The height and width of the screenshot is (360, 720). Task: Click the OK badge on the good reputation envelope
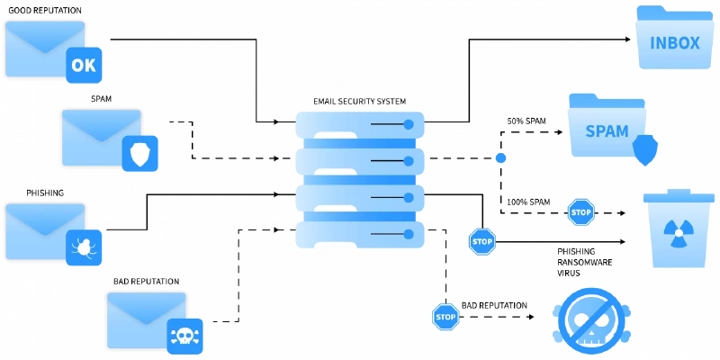tap(84, 65)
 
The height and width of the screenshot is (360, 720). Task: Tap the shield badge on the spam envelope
tap(139, 153)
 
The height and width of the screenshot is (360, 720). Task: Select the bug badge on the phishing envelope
tap(84, 247)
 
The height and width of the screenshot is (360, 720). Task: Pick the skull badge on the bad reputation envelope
tap(184, 337)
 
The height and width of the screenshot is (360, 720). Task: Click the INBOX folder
tap(674, 38)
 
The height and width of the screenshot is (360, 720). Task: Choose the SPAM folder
tap(607, 126)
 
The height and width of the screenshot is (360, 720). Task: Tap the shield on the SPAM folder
tap(645, 150)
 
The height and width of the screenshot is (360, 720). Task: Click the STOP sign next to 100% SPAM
tap(581, 212)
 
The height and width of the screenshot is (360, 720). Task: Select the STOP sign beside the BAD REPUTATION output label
tap(445, 317)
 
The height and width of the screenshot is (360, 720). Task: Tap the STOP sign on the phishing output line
tap(482, 241)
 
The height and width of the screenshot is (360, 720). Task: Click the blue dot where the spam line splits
tap(500, 158)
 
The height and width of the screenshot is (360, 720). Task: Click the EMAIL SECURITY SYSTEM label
tap(359, 102)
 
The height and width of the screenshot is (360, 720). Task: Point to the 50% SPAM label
tap(526, 122)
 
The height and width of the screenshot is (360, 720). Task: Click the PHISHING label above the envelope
tap(45, 193)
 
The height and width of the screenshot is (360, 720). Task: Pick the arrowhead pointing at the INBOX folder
tap(627, 40)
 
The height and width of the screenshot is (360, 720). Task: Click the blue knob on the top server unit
tap(409, 124)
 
